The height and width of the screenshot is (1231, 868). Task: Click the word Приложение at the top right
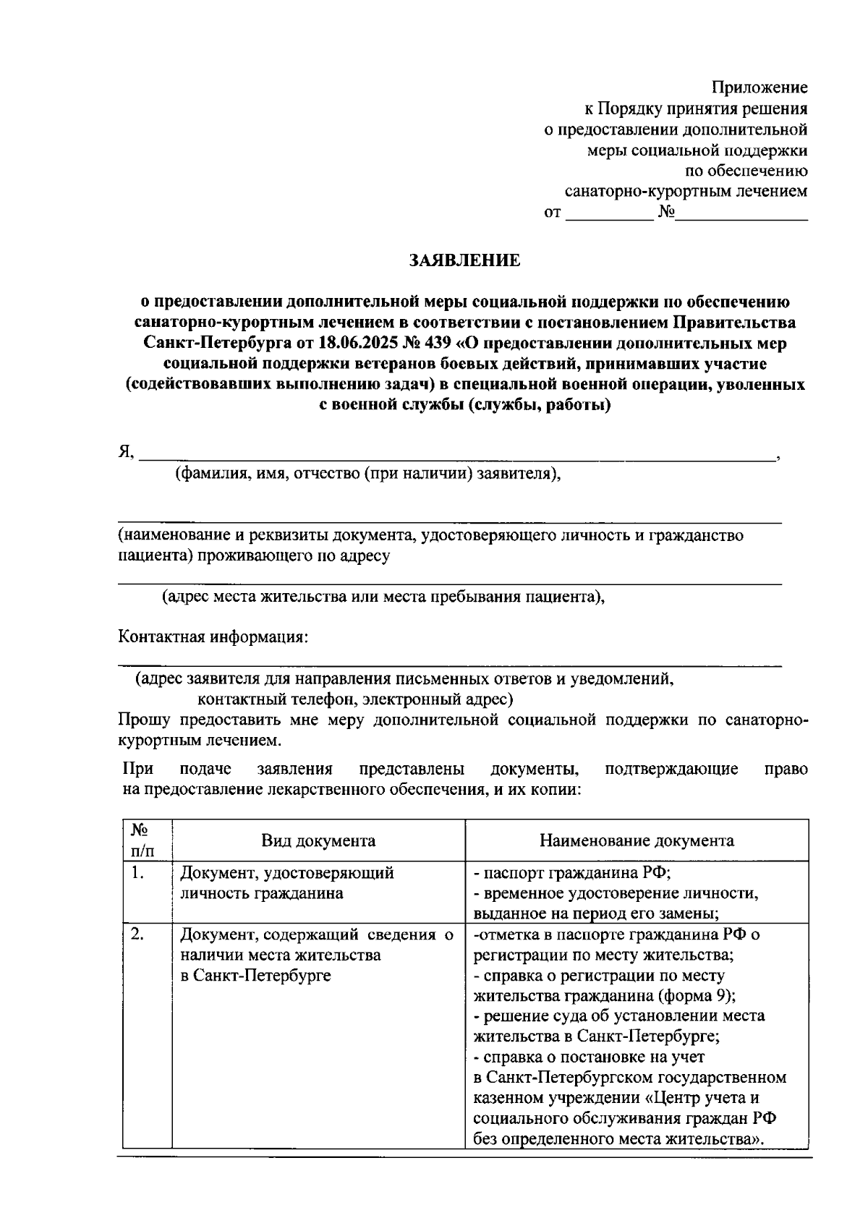759,88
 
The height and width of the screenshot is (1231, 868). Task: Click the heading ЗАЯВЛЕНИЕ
464,260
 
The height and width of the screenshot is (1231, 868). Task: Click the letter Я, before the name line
126,452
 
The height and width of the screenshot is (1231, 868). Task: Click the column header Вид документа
318,840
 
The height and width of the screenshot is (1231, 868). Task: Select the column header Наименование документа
637,840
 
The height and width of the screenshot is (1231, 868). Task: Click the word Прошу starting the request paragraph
144,720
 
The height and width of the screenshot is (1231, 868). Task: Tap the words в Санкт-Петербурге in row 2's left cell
255,976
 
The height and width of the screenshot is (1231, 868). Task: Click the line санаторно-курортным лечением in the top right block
685,192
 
